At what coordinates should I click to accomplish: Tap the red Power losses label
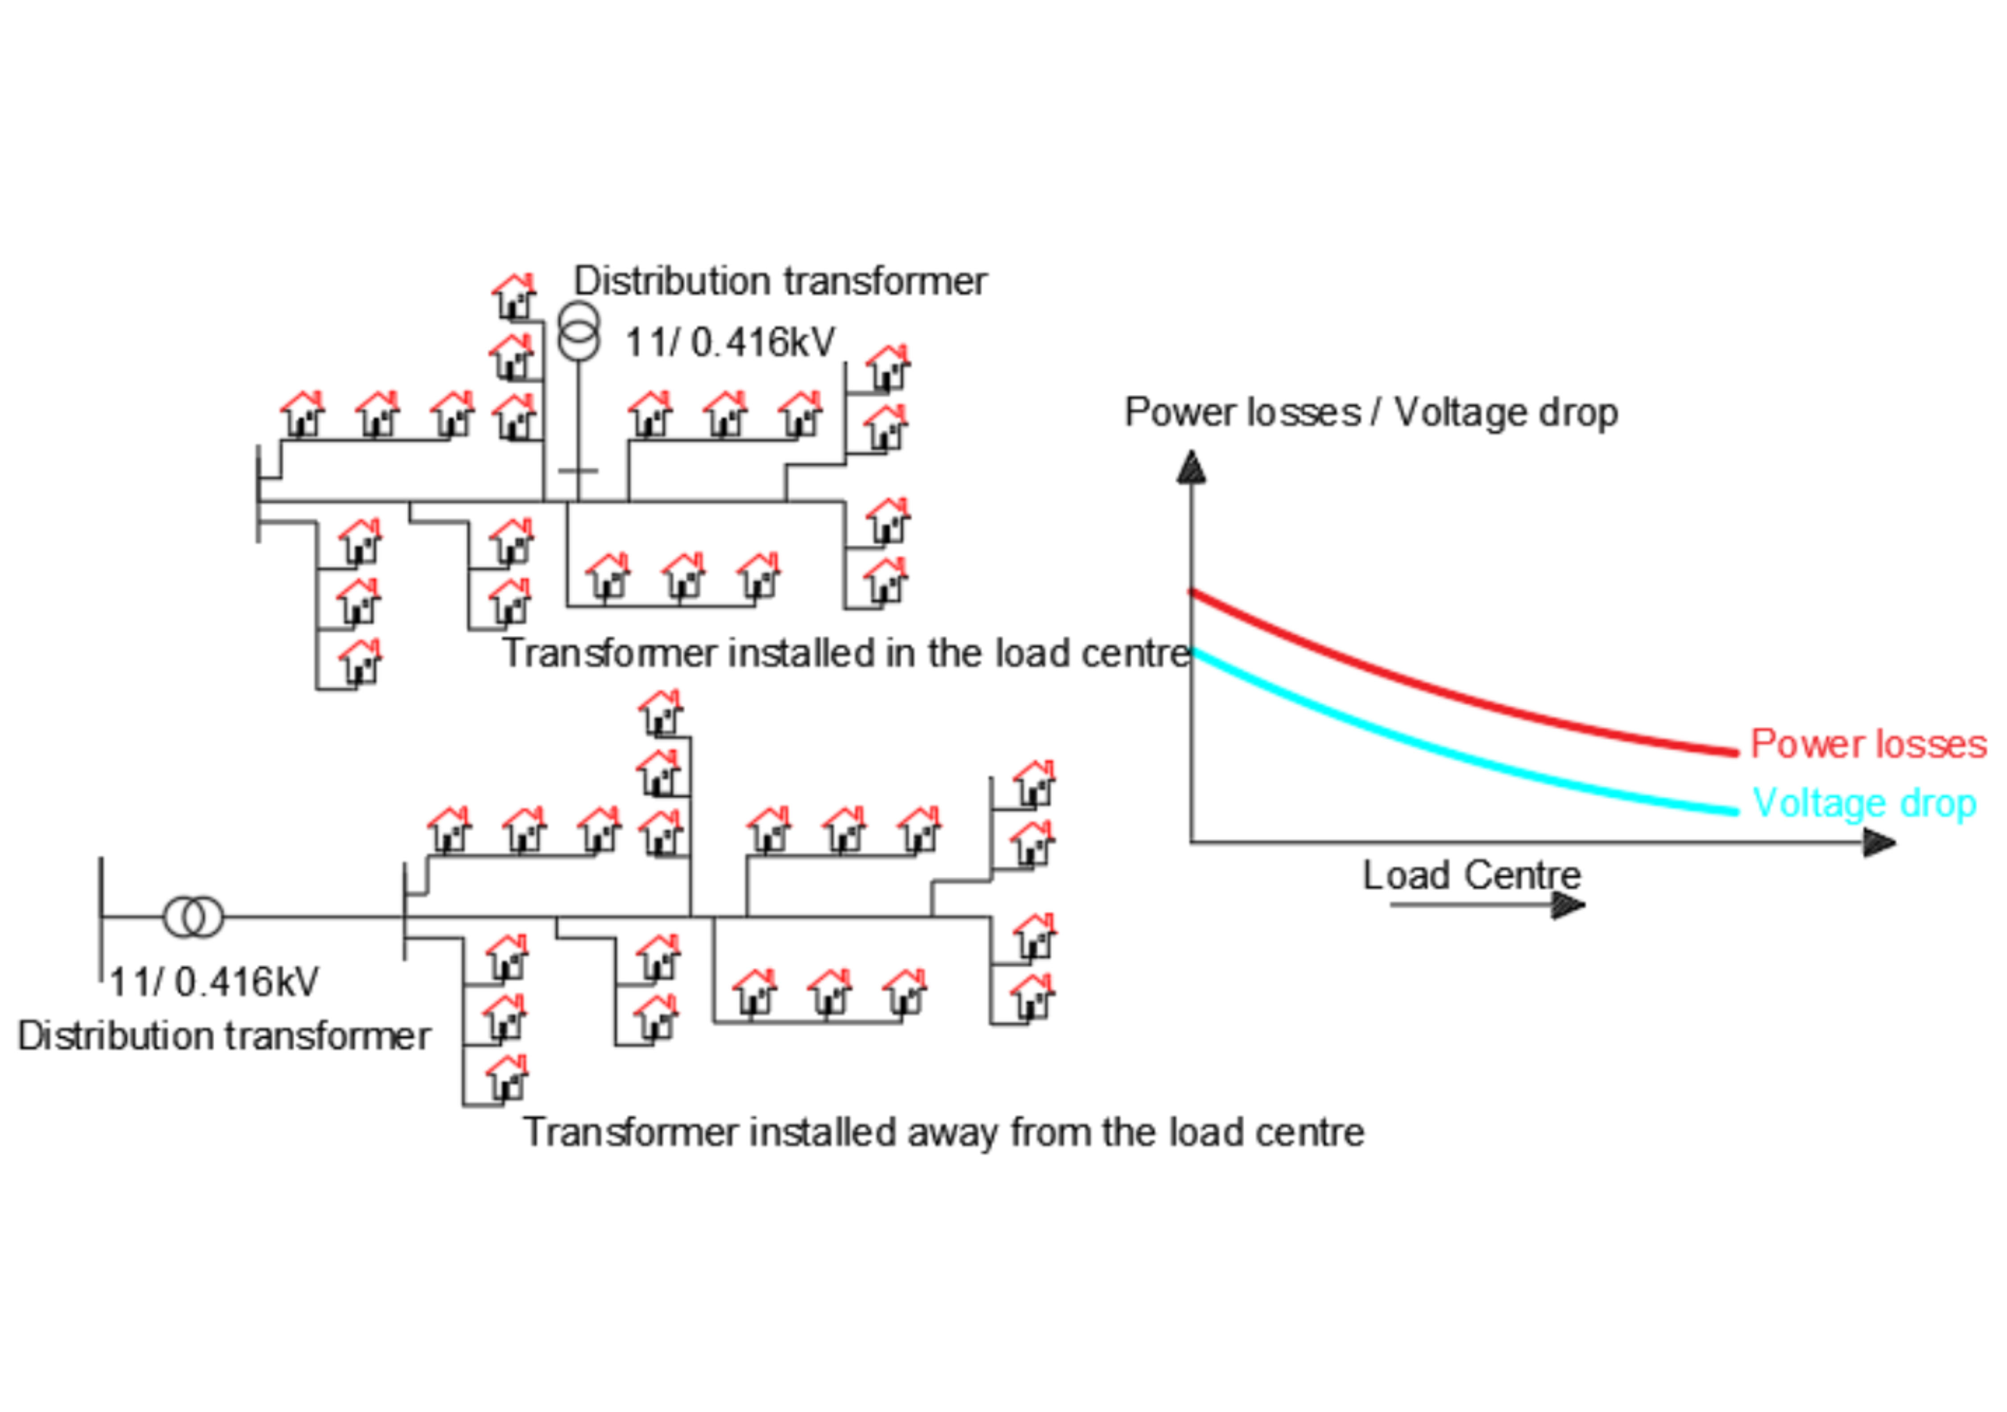pos(1868,744)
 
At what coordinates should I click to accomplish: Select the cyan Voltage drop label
pos(1864,802)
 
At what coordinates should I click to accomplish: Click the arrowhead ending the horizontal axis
pos(1878,843)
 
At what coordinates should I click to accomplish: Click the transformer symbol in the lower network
pos(193,917)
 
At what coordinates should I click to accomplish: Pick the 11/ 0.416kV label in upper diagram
pos(730,342)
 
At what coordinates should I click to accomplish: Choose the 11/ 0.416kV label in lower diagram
pos(214,982)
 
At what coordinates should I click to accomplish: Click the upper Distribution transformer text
pos(780,282)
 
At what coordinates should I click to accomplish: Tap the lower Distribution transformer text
pos(224,1036)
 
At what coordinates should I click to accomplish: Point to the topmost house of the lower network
pos(661,712)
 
